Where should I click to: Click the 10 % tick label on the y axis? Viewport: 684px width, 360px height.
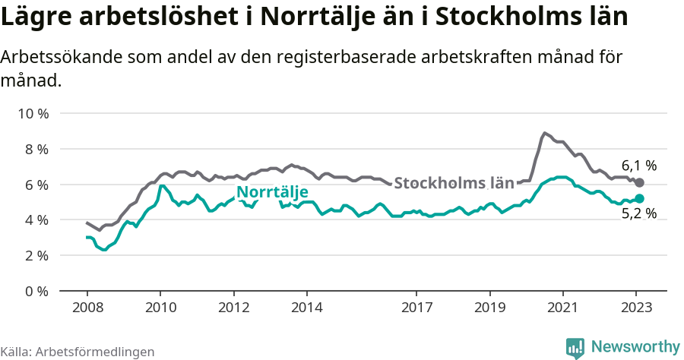[x=33, y=114]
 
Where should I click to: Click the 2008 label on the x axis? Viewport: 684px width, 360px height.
[x=87, y=308]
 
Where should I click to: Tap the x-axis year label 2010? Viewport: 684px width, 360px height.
[x=160, y=308]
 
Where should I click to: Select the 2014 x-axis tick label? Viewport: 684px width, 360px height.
[x=306, y=308]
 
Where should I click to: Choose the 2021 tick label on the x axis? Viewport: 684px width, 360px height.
[x=563, y=308]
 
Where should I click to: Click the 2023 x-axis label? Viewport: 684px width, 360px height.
[x=636, y=308]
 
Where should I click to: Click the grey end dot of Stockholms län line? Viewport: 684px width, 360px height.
[x=639, y=183]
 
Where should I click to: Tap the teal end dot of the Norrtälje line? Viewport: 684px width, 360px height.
[x=639, y=199]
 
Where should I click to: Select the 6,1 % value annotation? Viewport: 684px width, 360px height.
[x=638, y=165]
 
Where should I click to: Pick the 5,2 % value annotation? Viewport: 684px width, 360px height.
[x=638, y=214]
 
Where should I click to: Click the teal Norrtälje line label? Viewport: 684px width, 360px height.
[x=271, y=192]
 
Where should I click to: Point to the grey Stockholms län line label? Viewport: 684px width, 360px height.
[x=454, y=183]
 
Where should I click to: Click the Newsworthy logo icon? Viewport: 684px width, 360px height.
[x=575, y=347]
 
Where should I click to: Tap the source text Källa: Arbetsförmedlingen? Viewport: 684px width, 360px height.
[x=78, y=352]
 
